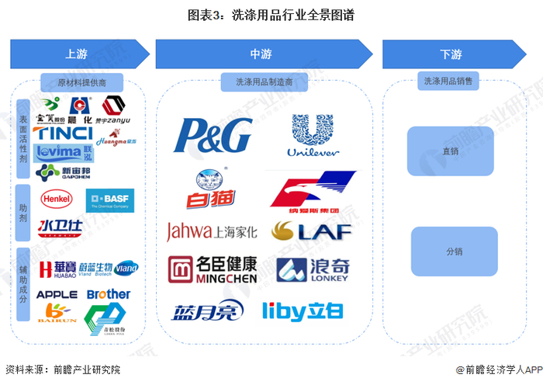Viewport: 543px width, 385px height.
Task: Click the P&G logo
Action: [213, 135]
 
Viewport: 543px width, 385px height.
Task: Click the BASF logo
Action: [110, 201]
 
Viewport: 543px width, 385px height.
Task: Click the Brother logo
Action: [109, 294]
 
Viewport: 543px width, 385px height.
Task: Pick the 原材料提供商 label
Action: [82, 82]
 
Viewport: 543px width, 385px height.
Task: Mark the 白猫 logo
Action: [206, 189]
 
